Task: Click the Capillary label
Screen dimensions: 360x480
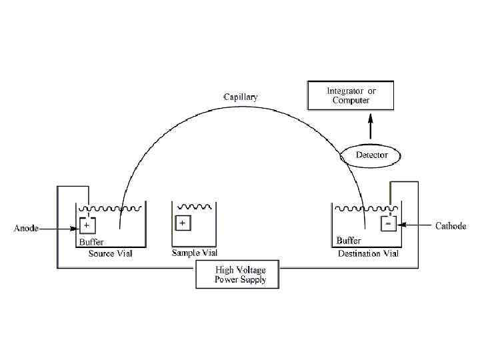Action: [240, 97]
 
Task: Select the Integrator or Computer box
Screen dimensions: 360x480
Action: [351, 95]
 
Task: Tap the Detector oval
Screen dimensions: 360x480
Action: [371, 155]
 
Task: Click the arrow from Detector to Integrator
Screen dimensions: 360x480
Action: [372, 127]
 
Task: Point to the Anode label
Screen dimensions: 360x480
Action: [27, 228]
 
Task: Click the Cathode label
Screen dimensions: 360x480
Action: [451, 226]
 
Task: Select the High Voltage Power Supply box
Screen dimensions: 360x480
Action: [237, 275]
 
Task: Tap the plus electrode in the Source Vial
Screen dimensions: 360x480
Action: [87, 225]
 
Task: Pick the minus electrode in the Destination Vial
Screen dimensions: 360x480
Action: [388, 224]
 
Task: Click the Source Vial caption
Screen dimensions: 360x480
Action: [111, 254]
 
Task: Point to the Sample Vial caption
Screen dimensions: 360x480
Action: [195, 253]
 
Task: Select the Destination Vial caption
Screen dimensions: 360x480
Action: [369, 254]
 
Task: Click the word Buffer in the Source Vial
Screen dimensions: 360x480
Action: [91, 241]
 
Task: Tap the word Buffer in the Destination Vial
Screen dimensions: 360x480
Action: [349, 240]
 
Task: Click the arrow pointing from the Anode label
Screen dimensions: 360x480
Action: [59, 228]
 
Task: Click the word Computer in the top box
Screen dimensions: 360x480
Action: [351, 101]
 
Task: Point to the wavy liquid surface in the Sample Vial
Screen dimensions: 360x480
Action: [195, 207]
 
